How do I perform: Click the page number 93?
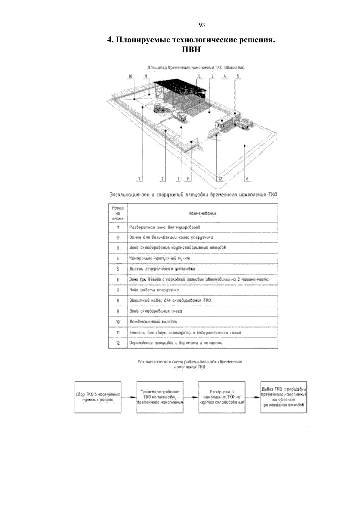tap(202, 25)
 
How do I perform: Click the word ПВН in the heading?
tap(191, 49)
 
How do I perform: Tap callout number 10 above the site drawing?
tap(130, 76)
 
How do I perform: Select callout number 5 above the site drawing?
tap(238, 76)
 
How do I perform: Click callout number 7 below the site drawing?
tap(139, 179)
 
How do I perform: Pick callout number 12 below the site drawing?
tap(220, 179)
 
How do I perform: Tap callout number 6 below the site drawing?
tap(247, 179)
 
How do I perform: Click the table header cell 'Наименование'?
tap(202, 213)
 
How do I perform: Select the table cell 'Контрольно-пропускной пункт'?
tap(159, 258)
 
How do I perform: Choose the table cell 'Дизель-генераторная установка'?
tap(162, 269)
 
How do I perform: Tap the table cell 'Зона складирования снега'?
tap(156, 311)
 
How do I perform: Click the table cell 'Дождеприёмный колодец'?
tap(153, 322)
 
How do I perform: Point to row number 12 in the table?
tap(118, 343)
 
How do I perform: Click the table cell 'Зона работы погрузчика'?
tap(154, 290)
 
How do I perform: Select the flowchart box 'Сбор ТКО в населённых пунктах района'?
tap(98, 397)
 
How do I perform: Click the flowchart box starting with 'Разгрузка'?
tap(222, 397)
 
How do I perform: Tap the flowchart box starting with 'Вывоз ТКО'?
tap(284, 397)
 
